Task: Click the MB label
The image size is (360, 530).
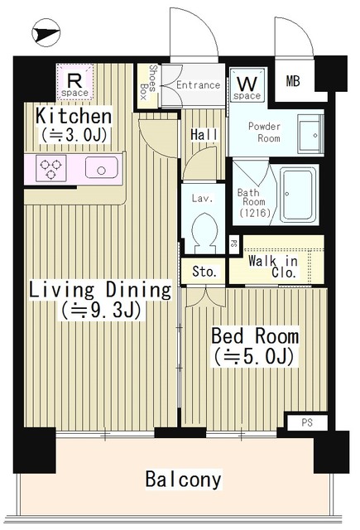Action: coord(295,81)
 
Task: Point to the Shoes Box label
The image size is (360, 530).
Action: coord(153,82)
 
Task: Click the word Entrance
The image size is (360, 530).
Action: coord(197,84)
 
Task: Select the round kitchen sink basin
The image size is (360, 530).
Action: coord(102,171)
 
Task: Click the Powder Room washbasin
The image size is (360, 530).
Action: coord(310,132)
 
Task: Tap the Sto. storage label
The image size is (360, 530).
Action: coord(204,271)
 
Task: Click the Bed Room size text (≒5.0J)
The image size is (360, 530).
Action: coord(255,357)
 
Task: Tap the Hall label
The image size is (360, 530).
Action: coord(203,134)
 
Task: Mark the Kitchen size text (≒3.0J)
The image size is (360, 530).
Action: coord(73,134)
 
